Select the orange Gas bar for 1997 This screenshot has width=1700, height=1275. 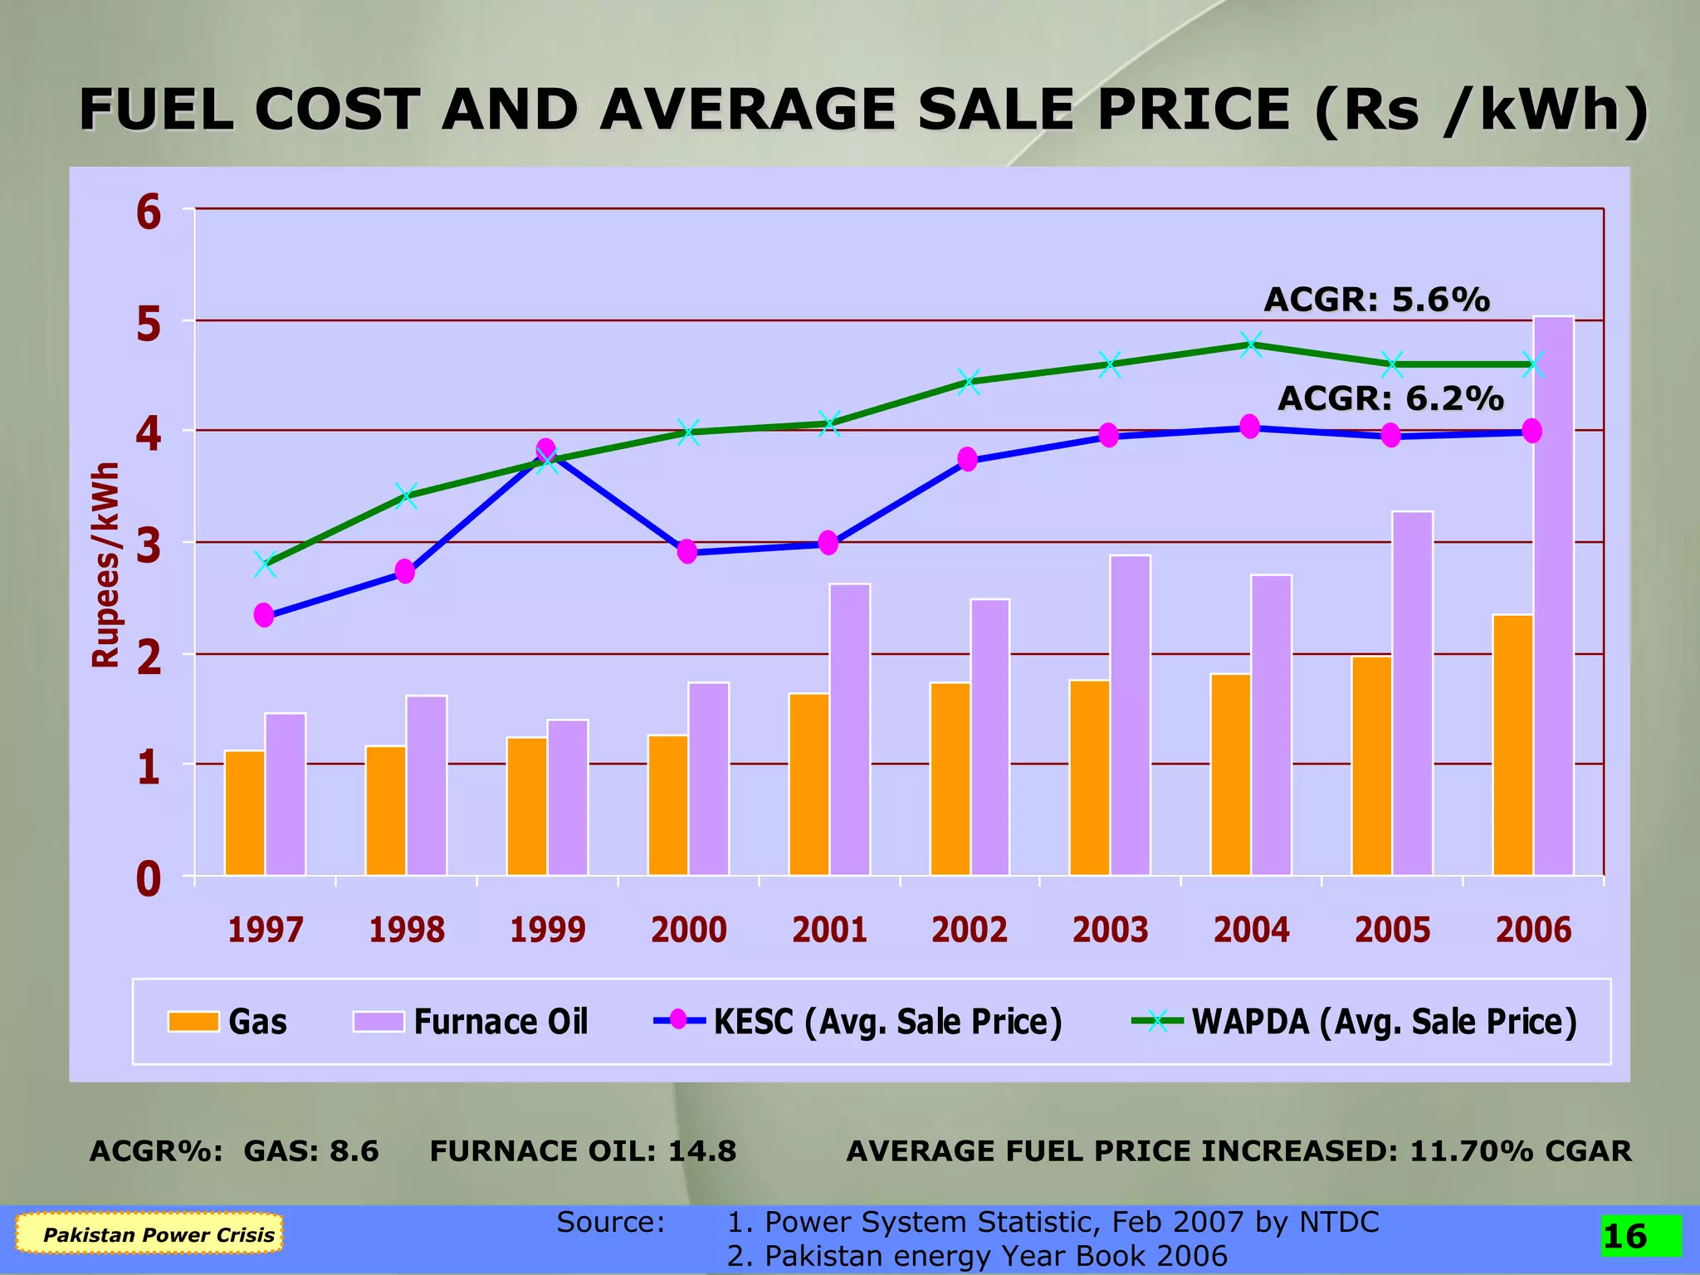click(x=245, y=813)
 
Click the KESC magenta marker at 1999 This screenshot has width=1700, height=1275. click(x=545, y=450)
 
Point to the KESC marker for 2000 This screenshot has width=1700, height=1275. click(x=686, y=551)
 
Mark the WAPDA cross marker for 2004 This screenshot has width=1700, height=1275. click(x=1251, y=345)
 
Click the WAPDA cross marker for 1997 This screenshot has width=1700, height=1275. click(x=265, y=564)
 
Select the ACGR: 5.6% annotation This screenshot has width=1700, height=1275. click(x=1376, y=300)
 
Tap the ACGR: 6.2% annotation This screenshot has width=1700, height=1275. click(x=1390, y=398)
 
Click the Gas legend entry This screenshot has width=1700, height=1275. click(x=227, y=1022)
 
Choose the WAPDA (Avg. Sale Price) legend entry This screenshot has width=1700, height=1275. click(x=1355, y=1022)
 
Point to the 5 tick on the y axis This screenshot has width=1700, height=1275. click(x=149, y=324)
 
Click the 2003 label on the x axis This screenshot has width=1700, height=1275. click(x=1110, y=930)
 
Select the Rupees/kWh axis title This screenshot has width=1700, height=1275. click(x=105, y=564)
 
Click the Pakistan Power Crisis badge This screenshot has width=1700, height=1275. click(x=150, y=1233)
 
